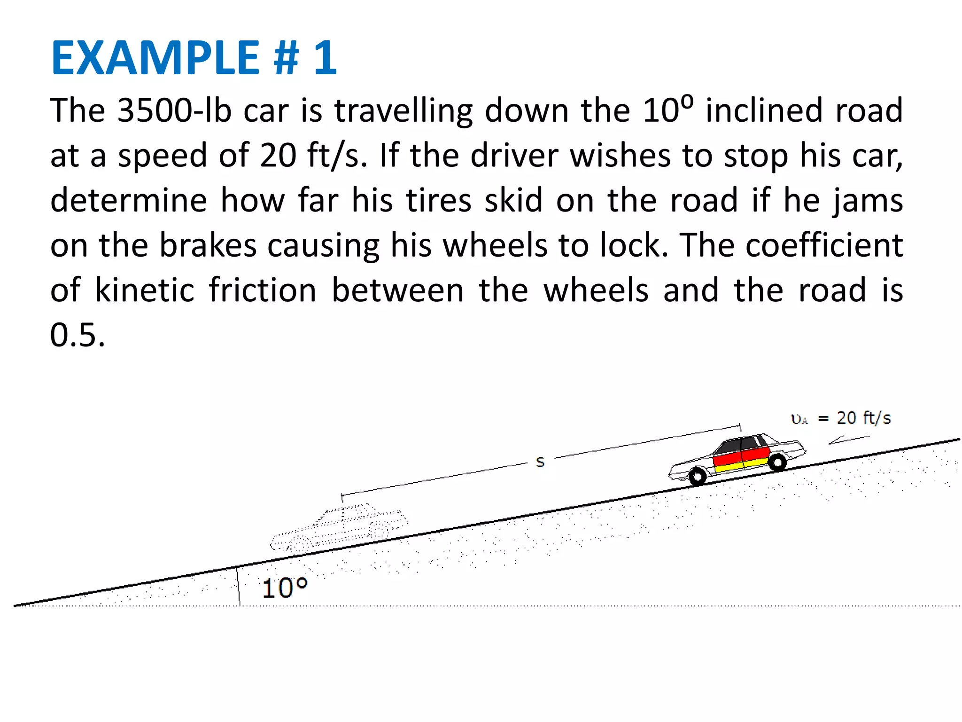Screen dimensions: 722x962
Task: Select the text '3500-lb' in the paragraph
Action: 174,111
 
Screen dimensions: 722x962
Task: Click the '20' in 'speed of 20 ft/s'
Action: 278,156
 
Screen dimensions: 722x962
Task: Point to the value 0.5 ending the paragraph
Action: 78,336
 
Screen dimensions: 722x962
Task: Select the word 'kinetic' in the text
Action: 145,290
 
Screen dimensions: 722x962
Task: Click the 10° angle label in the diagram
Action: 284,588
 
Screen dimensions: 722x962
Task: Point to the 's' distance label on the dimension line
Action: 540,462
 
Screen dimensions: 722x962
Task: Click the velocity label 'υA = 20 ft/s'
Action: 841,418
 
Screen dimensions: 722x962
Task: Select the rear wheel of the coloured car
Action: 777,463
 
